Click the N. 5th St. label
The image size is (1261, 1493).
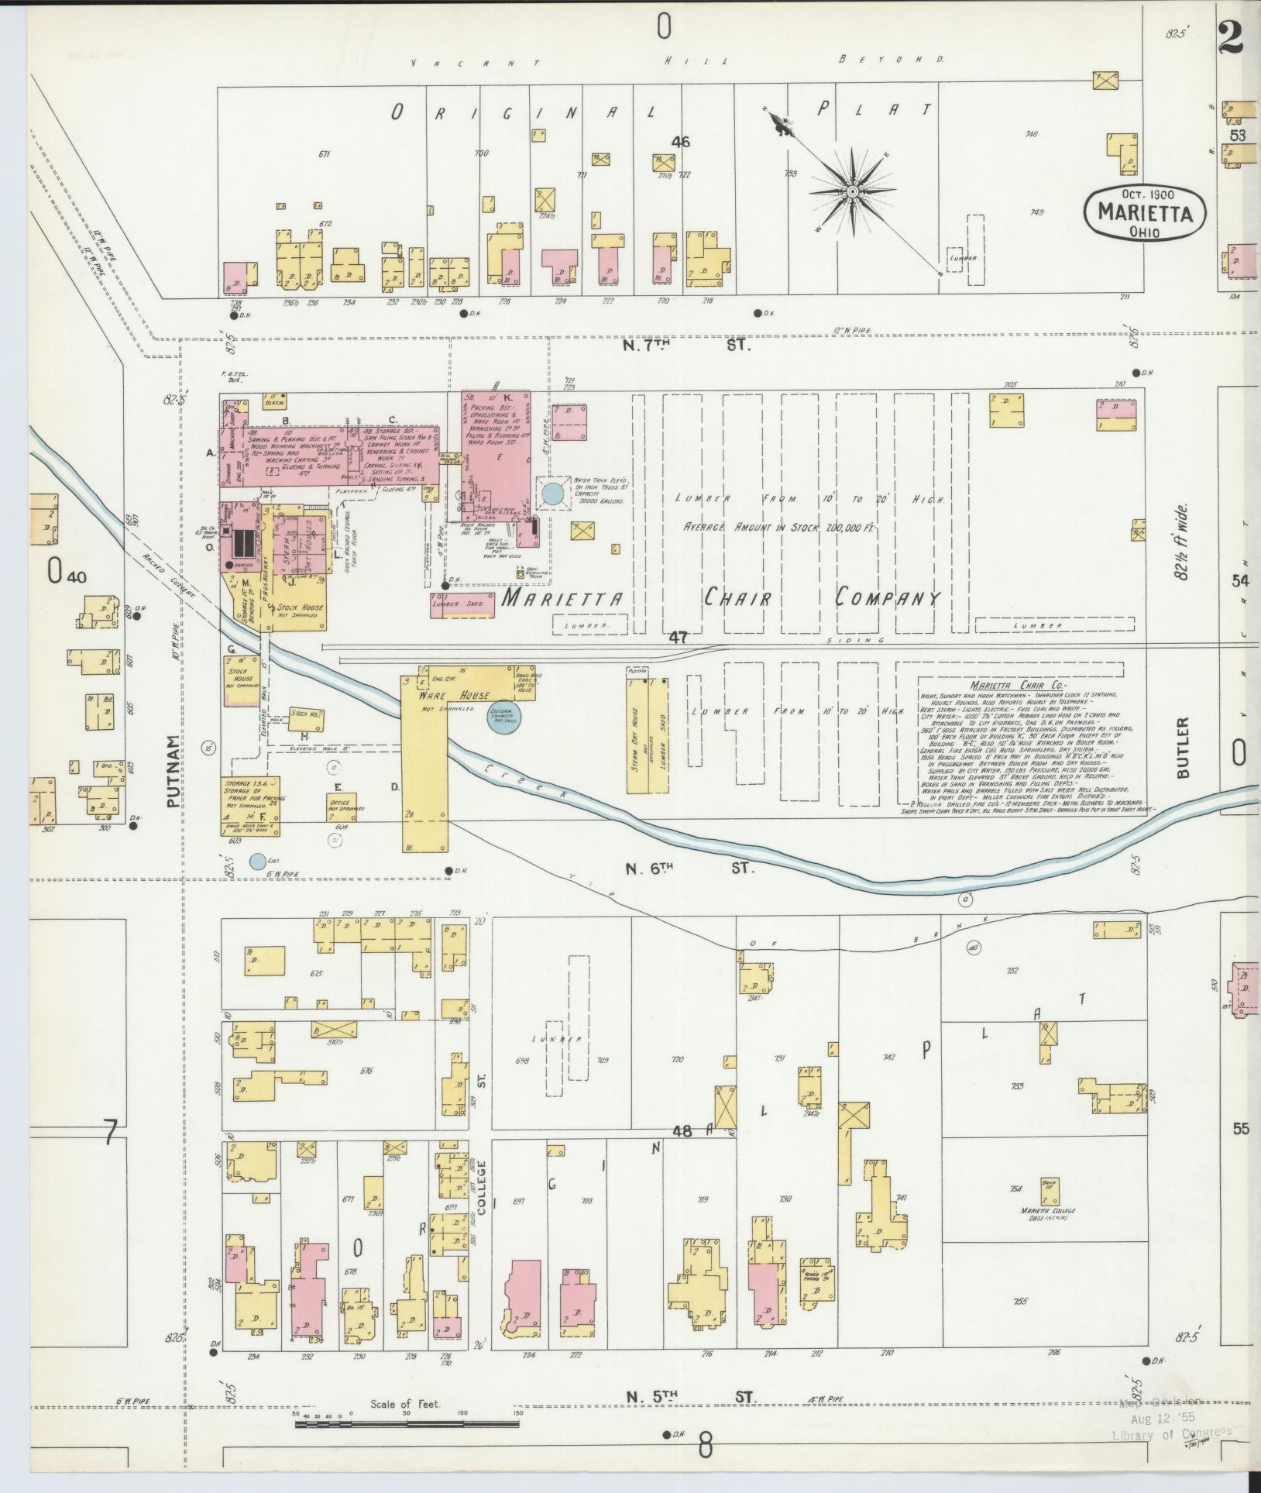pyautogui.click(x=690, y=1397)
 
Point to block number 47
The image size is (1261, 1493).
pyautogui.click(x=679, y=637)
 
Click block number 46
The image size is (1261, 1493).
pyautogui.click(x=680, y=142)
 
